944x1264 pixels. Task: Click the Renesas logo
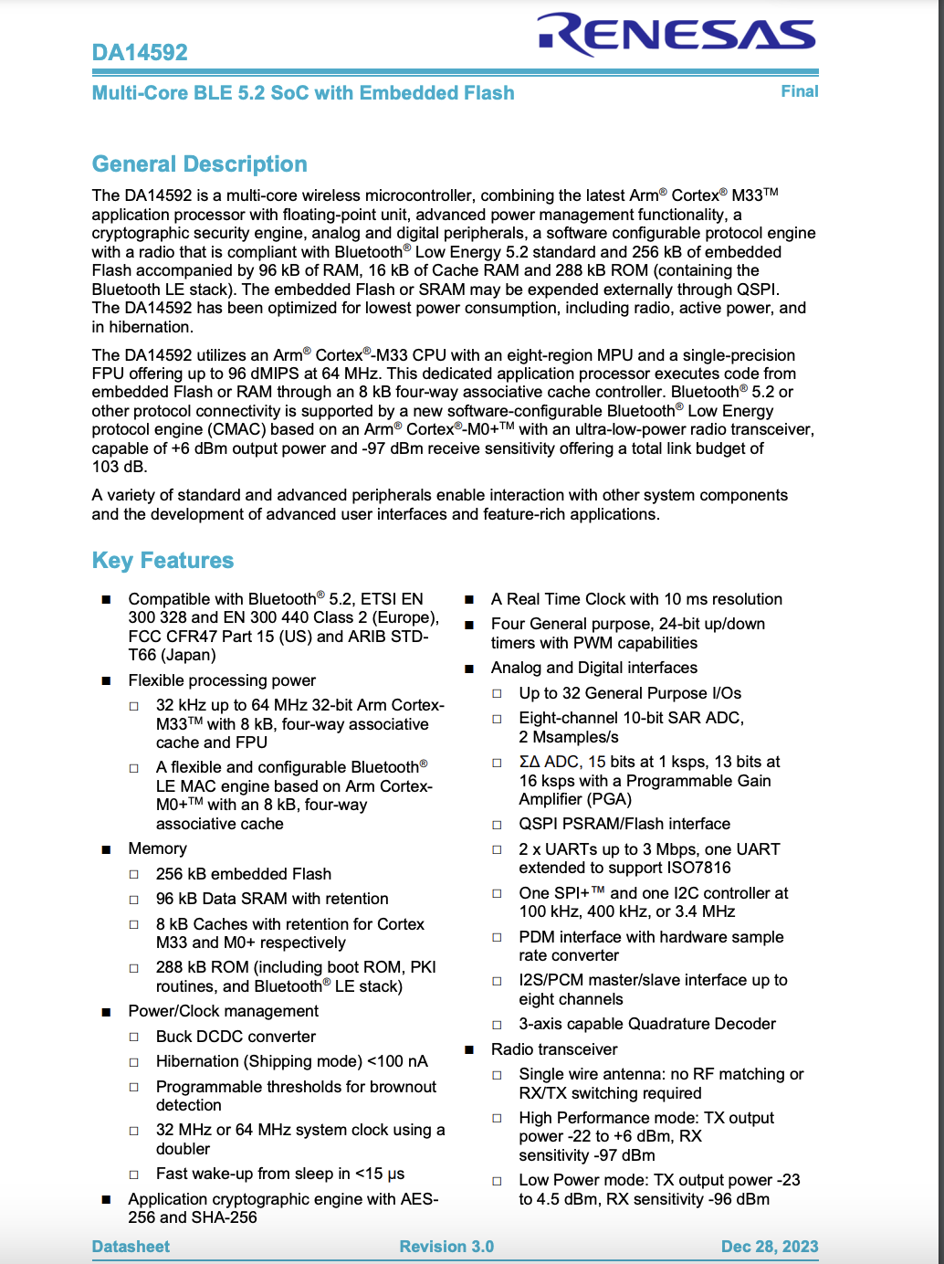pyautogui.click(x=677, y=35)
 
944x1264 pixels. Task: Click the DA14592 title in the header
pyautogui.click(x=140, y=52)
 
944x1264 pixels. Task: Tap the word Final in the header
pyautogui.click(x=799, y=91)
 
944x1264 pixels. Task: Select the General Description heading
pyautogui.click(x=199, y=164)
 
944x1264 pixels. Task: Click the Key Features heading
pyautogui.click(x=163, y=561)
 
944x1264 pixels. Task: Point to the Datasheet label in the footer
pyautogui.click(x=131, y=1247)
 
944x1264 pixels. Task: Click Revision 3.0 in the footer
pyautogui.click(x=446, y=1247)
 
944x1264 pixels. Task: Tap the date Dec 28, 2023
pyautogui.click(x=769, y=1247)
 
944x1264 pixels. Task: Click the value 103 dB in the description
pyautogui.click(x=119, y=467)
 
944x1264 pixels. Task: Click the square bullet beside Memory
pyautogui.click(x=107, y=849)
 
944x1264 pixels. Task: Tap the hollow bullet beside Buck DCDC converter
pyautogui.click(x=134, y=1038)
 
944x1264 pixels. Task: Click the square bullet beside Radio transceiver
pyautogui.click(x=469, y=1050)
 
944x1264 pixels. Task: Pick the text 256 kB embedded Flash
pyautogui.click(x=243, y=874)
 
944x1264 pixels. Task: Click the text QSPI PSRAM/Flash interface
pyautogui.click(x=624, y=824)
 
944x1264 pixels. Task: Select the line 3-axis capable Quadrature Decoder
pyautogui.click(x=646, y=1024)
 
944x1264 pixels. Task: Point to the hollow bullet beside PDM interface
pyautogui.click(x=498, y=938)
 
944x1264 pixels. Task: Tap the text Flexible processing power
pyautogui.click(x=222, y=680)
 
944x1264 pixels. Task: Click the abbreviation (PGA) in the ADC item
pyautogui.click(x=575, y=799)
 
